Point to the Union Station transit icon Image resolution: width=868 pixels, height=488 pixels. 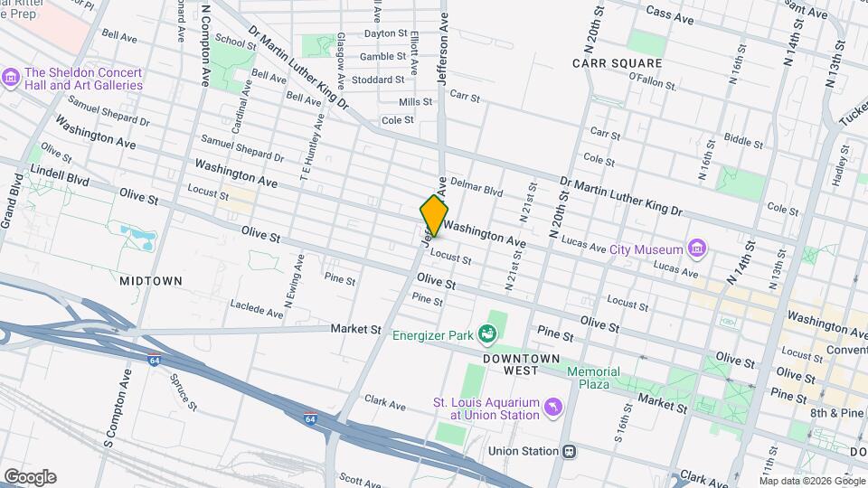point(569,451)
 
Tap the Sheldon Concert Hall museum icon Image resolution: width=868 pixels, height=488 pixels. point(11,79)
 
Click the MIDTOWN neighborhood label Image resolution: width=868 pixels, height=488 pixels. point(151,281)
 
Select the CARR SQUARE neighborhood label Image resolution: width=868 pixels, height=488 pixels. point(618,64)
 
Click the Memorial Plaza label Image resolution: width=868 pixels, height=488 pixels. point(593,378)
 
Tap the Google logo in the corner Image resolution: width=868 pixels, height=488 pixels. point(29,476)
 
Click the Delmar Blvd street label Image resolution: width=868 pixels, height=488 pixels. point(476,191)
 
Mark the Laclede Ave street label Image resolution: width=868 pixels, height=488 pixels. point(257,309)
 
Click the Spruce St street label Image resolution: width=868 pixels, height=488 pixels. point(184,389)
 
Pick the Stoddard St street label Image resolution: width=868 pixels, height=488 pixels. point(377,80)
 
